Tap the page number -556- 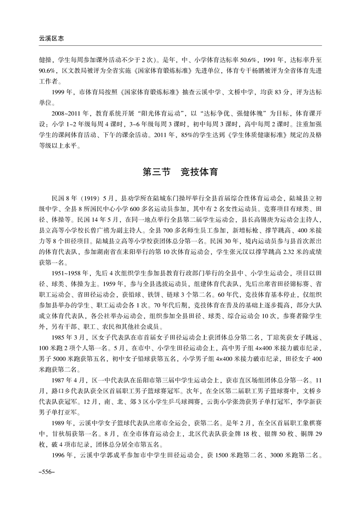coord(48,472)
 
